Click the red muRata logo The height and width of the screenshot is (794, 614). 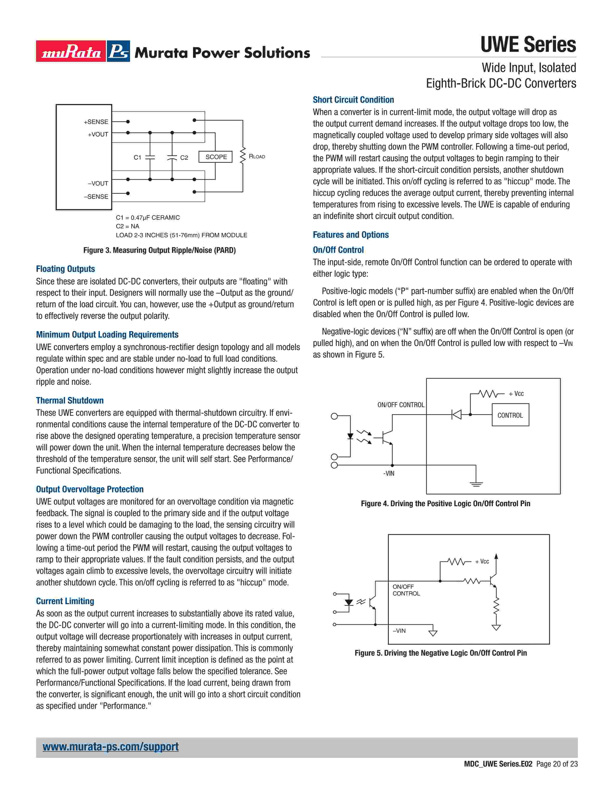pos(71,51)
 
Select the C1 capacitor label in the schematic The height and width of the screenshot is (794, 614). pos(137,157)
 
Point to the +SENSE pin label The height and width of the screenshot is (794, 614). pos(96,122)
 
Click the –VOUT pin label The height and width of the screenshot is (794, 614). pos(98,183)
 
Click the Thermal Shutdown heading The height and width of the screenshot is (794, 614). pos(70,400)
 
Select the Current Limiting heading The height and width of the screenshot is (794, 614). pos(65,601)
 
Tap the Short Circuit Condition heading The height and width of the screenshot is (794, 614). pos(353,100)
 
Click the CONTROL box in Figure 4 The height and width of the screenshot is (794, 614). pos(510,415)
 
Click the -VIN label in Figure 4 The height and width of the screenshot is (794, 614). pos(388,473)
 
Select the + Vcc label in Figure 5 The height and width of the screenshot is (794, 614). pos(482,561)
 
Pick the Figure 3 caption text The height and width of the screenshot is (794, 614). pos(159,250)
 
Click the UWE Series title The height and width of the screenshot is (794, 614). pos(528,45)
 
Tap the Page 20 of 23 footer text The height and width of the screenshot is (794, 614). pos(556,764)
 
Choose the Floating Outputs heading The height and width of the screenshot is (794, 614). pos(65,269)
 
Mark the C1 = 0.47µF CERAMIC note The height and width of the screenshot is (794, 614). pos(148,218)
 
